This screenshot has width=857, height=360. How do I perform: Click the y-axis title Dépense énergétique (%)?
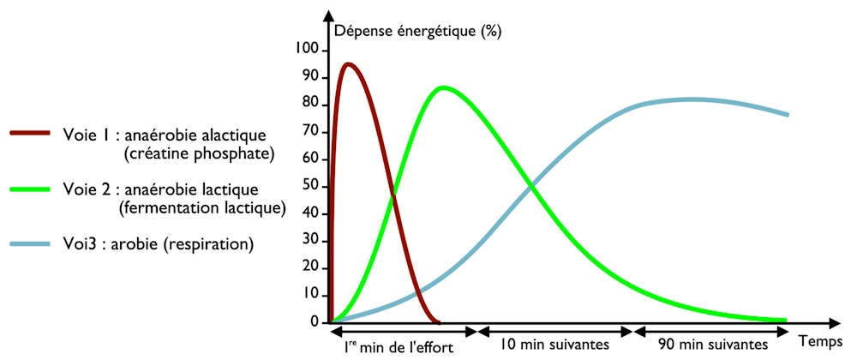pos(418,33)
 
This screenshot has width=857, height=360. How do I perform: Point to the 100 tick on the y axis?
pos(308,51)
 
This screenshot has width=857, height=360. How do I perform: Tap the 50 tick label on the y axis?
pos(311,186)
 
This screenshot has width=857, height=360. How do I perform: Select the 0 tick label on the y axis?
pos(315,321)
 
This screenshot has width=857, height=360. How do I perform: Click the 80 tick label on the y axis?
pos(311,105)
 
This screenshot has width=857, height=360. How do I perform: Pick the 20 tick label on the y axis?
pos(311,267)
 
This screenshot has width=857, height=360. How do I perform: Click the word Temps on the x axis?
pos(819,340)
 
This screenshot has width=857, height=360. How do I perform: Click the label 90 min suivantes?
pos(714,345)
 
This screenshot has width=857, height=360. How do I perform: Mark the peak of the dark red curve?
pos(348,63)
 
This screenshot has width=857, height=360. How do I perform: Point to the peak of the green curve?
pos(442,87)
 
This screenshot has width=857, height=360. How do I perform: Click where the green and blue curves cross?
pos(532,184)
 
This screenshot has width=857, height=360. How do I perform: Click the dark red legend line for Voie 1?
pos(32,134)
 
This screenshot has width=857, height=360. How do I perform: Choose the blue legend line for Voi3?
pos(32,244)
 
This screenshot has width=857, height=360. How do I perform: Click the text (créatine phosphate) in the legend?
pos(199,153)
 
